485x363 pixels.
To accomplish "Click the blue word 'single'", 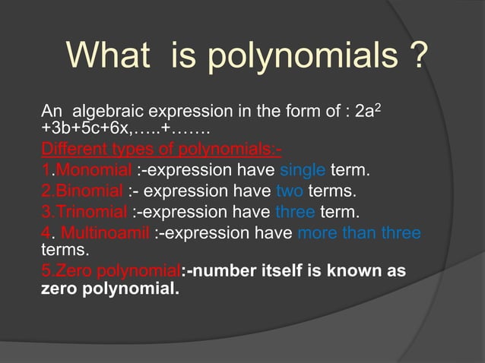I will (303, 168).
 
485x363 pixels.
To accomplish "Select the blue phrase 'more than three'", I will (359, 232).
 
